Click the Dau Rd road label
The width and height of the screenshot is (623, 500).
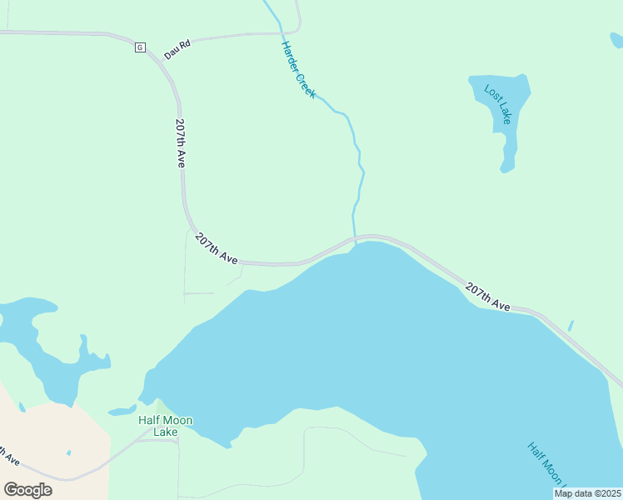click(x=177, y=50)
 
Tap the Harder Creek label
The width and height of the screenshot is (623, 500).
click(x=298, y=70)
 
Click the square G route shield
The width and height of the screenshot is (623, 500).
click(x=140, y=47)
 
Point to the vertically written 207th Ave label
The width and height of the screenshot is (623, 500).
click(x=180, y=143)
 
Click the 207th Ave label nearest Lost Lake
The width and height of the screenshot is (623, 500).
click(x=488, y=297)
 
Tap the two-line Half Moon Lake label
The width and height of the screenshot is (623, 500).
click(x=165, y=426)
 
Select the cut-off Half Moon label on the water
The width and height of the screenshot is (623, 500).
click(x=546, y=463)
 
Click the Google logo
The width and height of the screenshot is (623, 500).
click(x=27, y=489)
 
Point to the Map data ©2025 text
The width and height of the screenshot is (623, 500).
click(x=587, y=493)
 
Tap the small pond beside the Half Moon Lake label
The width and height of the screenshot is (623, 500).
click(x=122, y=411)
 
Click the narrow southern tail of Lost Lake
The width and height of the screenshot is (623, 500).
click(x=506, y=158)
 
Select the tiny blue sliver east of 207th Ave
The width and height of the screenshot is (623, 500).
click(x=571, y=325)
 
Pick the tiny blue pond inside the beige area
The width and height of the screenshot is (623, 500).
click(x=68, y=453)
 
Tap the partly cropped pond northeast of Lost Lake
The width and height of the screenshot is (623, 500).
click(x=617, y=39)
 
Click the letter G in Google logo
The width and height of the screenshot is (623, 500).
click(x=11, y=489)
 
